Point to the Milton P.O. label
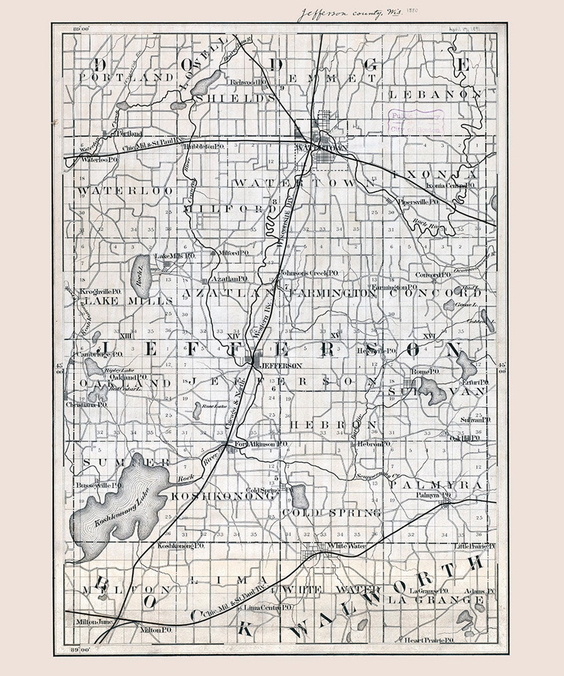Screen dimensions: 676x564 click(157, 630)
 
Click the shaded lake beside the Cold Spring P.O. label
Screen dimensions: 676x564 click(300, 496)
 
